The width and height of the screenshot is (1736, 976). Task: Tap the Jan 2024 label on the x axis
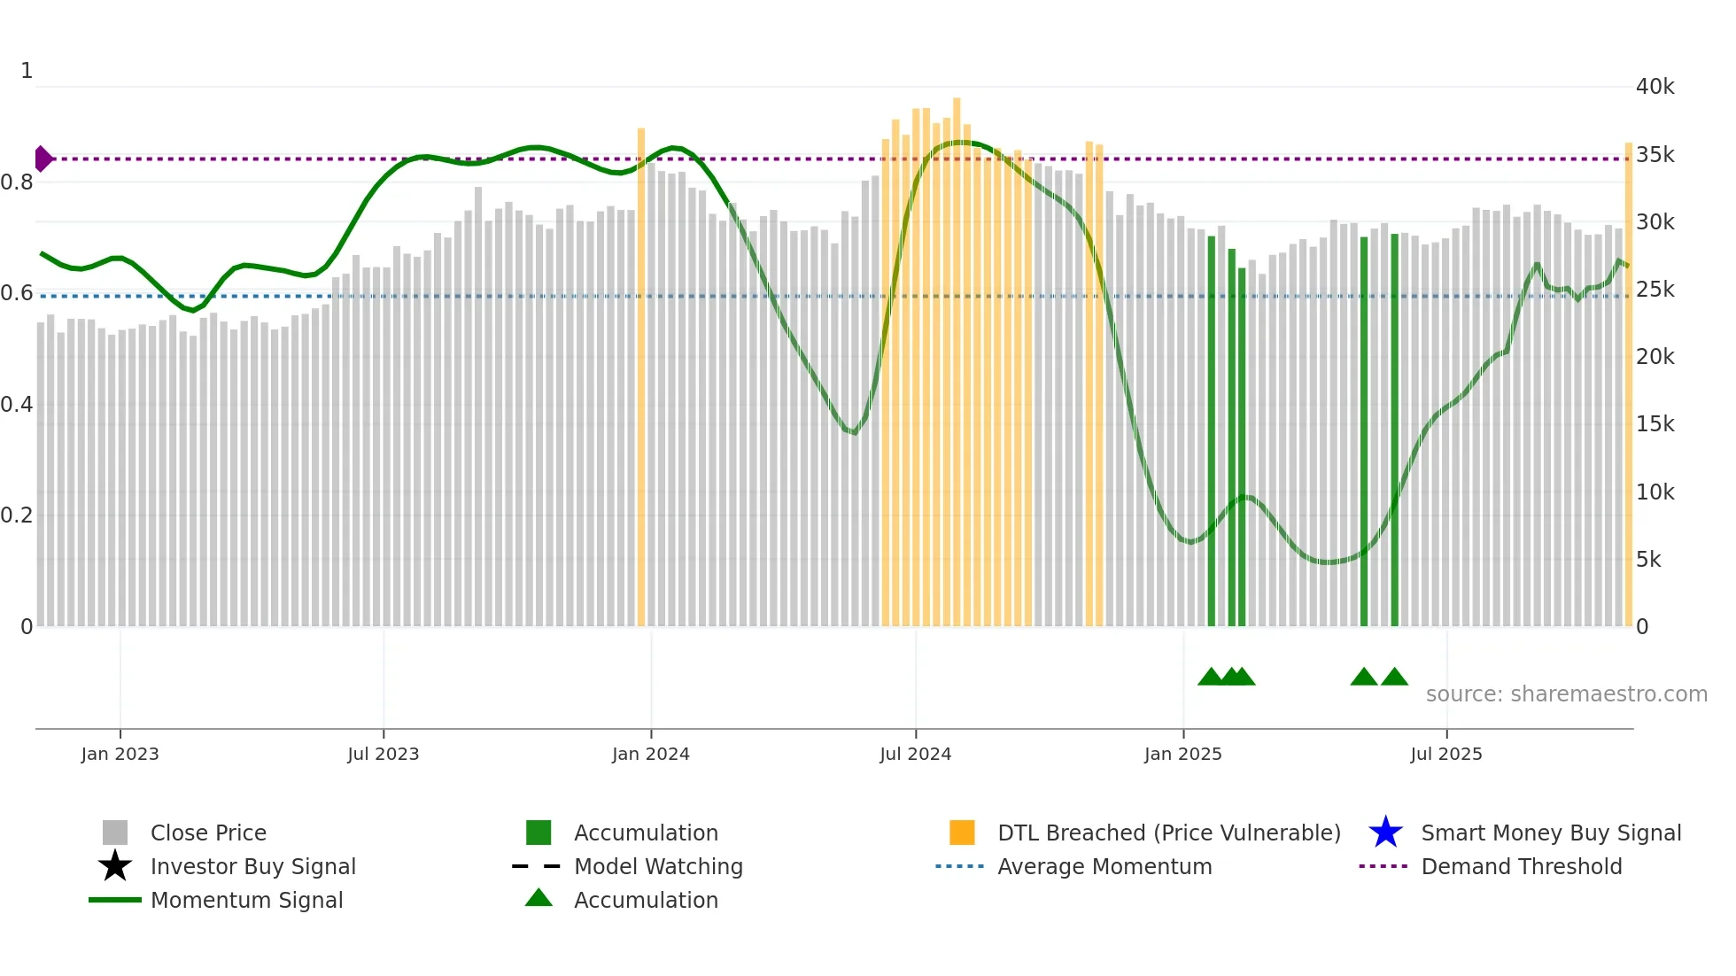tap(650, 754)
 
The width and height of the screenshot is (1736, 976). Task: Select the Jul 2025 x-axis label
tap(1445, 754)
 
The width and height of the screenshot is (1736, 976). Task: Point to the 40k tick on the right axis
tap(1655, 87)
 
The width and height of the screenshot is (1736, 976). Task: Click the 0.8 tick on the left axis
tap(17, 182)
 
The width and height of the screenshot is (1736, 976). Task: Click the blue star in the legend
tap(1385, 833)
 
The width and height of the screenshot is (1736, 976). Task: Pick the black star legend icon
tap(115, 866)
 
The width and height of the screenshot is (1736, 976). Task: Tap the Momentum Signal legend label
tap(246, 900)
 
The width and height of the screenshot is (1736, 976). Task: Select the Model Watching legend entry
tap(658, 866)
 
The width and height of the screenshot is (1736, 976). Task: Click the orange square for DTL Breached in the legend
tap(962, 833)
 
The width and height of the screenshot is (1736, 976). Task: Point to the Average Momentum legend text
tap(1104, 866)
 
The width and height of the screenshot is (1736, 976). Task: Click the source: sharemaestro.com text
tap(1566, 694)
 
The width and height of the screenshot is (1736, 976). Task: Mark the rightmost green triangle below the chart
tap(1394, 678)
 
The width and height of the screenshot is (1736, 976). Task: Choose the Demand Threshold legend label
tap(1521, 866)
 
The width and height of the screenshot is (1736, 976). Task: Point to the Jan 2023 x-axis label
tap(120, 754)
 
